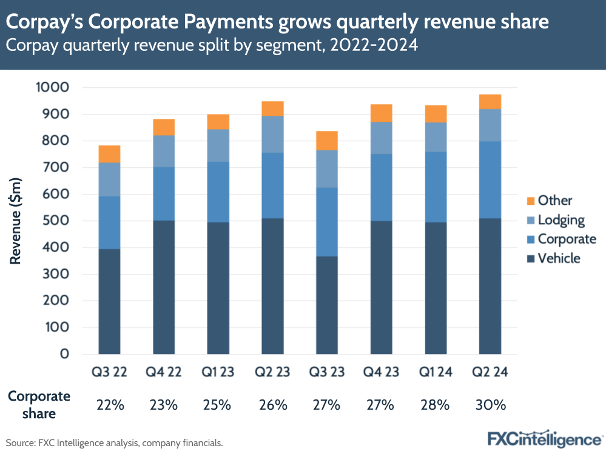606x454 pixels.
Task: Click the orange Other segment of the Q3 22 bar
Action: pos(109,154)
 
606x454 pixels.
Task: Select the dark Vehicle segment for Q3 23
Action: pos(327,305)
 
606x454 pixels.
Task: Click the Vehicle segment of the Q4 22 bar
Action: pos(164,287)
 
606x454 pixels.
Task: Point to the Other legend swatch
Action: pos(529,201)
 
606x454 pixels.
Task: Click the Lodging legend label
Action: pos(561,220)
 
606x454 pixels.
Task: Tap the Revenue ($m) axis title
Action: pos(16,221)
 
